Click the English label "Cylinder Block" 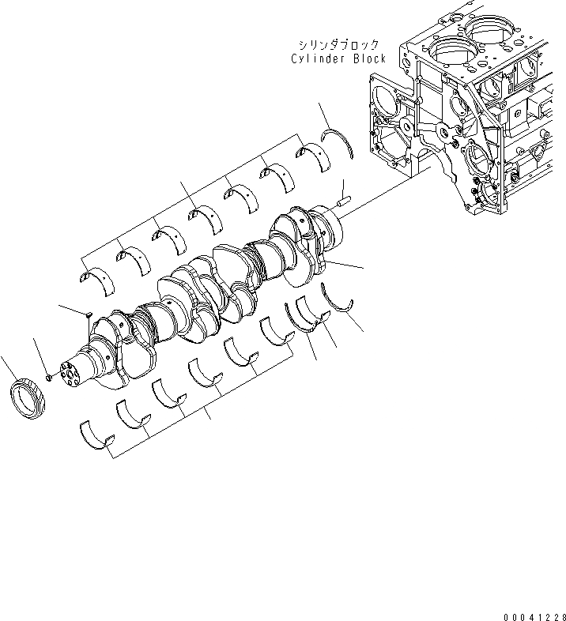click(338, 59)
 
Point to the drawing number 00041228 click(534, 614)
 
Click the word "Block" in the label click(368, 59)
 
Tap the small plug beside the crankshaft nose click(49, 378)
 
